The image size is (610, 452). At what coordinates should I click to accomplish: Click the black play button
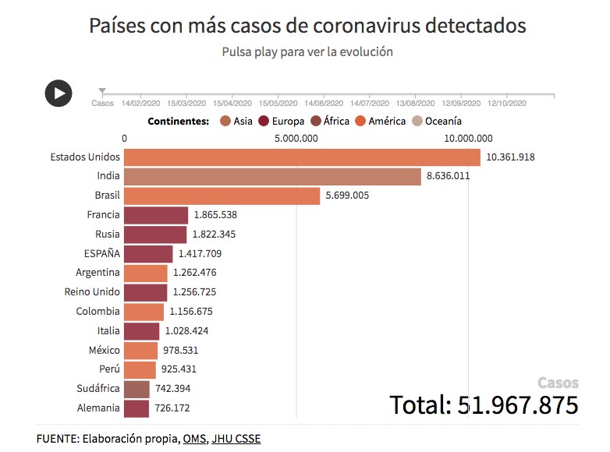click(x=59, y=94)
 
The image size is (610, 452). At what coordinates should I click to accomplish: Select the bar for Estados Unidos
click(x=302, y=157)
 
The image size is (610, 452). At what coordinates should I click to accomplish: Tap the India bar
click(x=272, y=176)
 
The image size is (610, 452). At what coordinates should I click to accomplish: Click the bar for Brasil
click(x=222, y=196)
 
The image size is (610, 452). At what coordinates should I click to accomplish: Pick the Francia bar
click(x=156, y=214)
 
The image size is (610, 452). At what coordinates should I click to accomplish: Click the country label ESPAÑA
click(x=102, y=253)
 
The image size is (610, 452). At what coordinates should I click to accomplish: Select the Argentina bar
click(x=145, y=273)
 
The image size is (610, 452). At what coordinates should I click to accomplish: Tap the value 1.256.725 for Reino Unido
click(x=194, y=291)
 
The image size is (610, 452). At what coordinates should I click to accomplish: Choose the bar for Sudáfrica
click(x=137, y=388)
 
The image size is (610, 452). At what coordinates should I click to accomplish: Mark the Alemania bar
click(x=136, y=408)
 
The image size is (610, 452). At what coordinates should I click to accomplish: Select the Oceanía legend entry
click(x=436, y=121)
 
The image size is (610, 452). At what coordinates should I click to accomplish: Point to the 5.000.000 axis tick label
click(x=295, y=139)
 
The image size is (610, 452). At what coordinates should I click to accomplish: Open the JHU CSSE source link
click(x=236, y=439)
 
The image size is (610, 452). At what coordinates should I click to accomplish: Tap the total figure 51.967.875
click(x=484, y=405)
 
